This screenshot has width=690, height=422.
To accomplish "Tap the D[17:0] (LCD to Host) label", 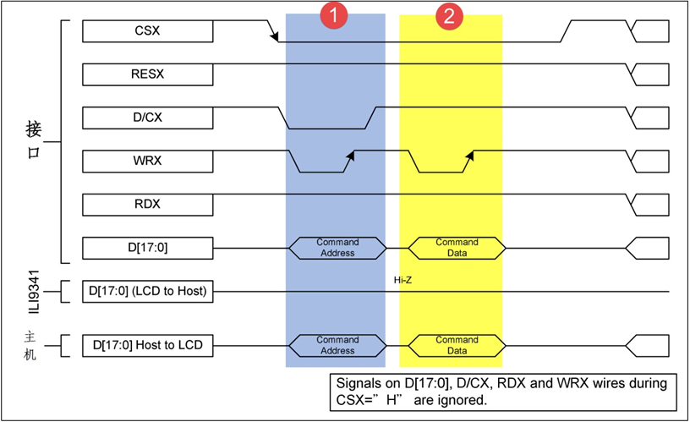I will (x=148, y=293).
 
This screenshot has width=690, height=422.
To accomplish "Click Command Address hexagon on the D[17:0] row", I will (x=337, y=248).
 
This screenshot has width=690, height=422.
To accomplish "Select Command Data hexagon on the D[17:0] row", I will (x=457, y=248).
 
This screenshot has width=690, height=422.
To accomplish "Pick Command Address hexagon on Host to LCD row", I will (x=337, y=345).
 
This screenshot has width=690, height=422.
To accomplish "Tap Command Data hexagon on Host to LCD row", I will (x=457, y=345).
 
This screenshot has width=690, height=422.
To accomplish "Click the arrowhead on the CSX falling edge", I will (x=274, y=36).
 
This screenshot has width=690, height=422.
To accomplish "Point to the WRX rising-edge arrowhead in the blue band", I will (x=348, y=154).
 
